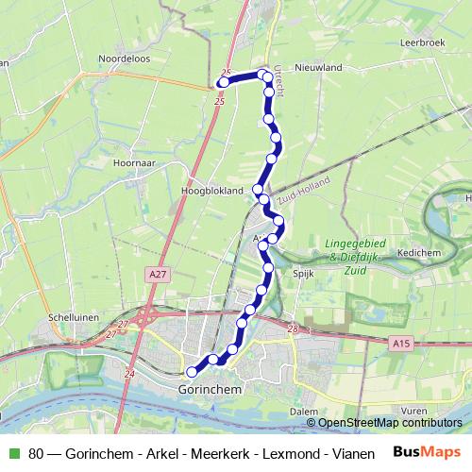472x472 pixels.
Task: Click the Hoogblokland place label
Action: click(211, 190)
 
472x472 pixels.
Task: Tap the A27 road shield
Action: click(157, 274)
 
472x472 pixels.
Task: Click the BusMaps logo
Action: click(428, 452)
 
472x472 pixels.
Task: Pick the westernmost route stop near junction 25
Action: click(224, 83)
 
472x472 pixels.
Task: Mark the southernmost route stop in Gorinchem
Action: click(192, 372)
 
